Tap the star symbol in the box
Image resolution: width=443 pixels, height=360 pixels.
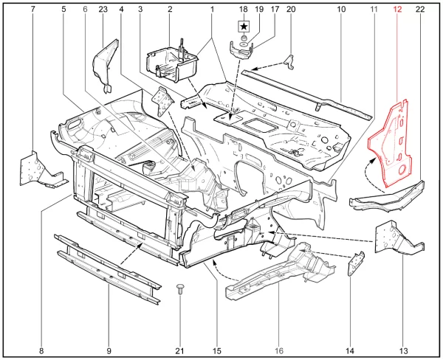pyautogui.click(x=243, y=27)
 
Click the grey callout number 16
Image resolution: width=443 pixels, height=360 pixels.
pyautogui.click(x=279, y=350)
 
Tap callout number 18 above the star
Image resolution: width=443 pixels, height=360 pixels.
pyautogui.click(x=243, y=9)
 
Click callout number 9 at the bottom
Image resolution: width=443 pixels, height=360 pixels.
pyautogui.click(x=109, y=350)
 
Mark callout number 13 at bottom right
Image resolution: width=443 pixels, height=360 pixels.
pyautogui.click(x=404, y=350)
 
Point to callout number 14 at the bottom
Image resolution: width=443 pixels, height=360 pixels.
pyautogui.click(x=349, y=350)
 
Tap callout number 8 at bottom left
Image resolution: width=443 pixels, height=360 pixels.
pyautogui.click(x=41, y=350)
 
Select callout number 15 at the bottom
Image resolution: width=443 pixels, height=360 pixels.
pyautogui.click(x=217, y=350)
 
